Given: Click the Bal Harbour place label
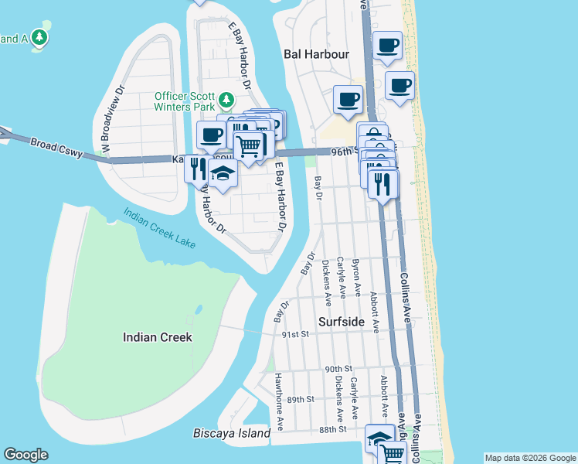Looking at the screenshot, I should [x=316, y=54].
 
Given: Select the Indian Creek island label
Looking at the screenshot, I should [x=158, y=337].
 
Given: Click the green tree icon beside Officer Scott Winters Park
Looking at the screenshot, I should [x=226, y=100].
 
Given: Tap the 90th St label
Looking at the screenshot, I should [x=338, y=368].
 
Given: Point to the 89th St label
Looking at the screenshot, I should [x=301, y=399].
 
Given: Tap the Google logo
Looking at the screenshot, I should [x=25, y=455].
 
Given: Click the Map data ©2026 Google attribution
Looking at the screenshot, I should [x=530, y=458].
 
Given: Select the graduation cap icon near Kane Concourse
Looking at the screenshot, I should [x=223, y=174].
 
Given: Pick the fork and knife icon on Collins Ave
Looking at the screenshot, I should [x=382, y=183].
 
